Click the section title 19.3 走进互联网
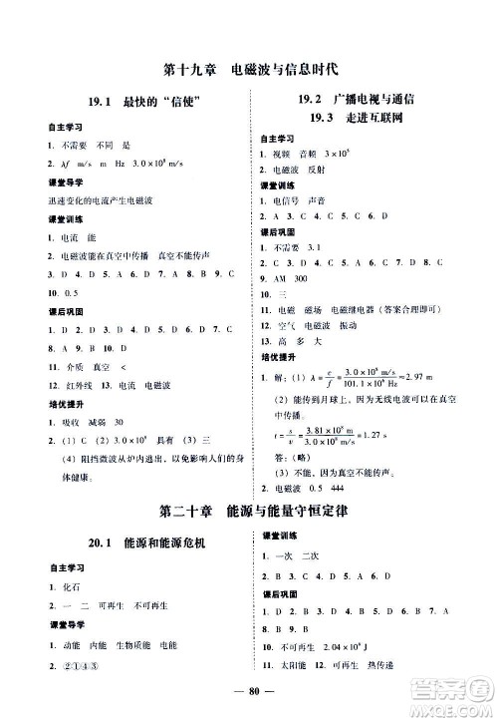pos(358,119)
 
